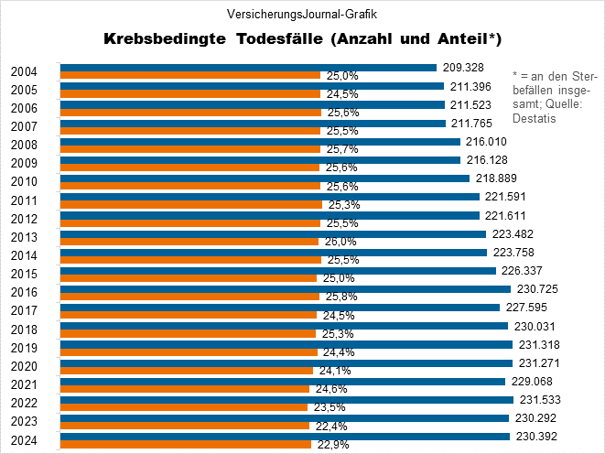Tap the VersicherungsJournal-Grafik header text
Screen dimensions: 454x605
[301, 14]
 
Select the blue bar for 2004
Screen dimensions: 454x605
[247, 67]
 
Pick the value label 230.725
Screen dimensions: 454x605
[536, 289]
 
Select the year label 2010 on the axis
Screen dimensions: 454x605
[25, 182]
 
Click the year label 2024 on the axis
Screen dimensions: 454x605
[25, 440]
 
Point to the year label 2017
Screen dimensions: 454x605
[25, 311]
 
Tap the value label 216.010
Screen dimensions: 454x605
[486, 142]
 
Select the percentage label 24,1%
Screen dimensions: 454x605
[334, 371]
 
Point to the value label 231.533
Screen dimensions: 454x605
[537, 400]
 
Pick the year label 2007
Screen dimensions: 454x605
[25, 126]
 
